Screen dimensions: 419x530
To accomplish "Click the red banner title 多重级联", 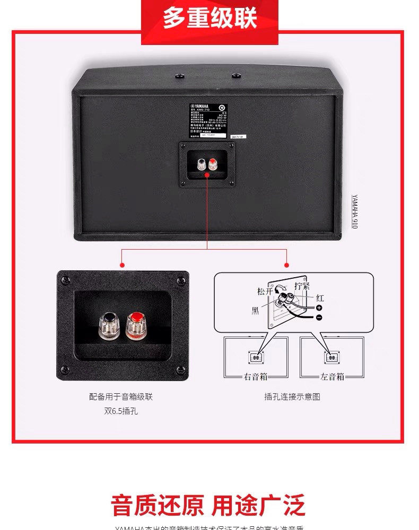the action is pos(210,18).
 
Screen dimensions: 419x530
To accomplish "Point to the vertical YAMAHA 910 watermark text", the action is pos(354,211).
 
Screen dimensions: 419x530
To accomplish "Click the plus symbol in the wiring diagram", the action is pos(319,307).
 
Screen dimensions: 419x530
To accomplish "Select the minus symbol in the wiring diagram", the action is pos(319,317).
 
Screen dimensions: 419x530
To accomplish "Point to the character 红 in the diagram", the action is pos(319,298).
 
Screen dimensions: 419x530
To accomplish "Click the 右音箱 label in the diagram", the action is pos(256,377).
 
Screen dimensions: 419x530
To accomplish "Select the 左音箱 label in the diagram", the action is pos(332,377).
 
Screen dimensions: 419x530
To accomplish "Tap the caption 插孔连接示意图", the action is pos(292,396).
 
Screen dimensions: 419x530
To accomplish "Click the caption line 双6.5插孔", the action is pos(121,411).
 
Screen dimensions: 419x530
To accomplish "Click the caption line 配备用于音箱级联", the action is pos(121,396).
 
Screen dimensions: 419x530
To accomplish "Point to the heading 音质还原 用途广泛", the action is pos(208,505).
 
